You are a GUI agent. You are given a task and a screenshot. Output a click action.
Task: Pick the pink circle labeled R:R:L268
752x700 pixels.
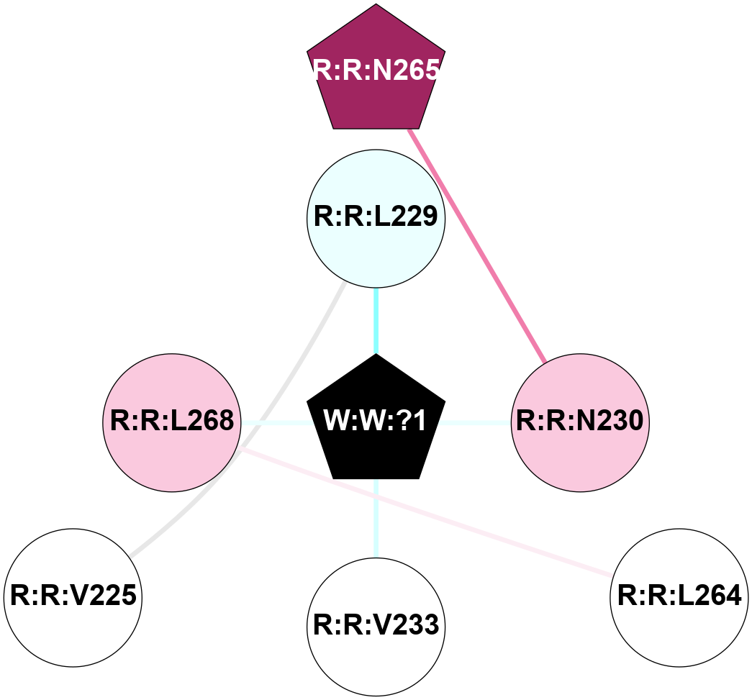point(171,422)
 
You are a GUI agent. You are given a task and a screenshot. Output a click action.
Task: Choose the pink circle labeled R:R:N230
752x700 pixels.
point(580,422)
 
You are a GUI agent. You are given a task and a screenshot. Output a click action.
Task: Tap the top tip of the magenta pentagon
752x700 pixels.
point(376,5)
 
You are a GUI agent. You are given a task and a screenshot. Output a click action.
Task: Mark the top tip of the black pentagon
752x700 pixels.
point(376,355)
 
